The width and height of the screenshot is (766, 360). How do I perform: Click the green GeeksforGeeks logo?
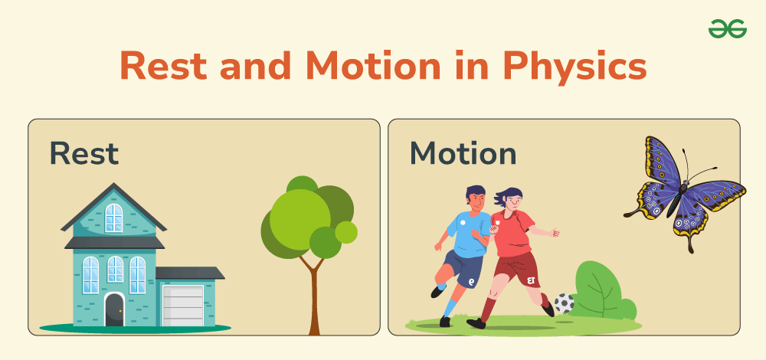(x=728, y=29)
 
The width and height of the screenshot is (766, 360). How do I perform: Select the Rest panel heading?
(x=84, y=153)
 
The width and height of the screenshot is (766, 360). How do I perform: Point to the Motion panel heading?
(x=463, y=153)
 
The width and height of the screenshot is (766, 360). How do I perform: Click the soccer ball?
(x=565, y=303)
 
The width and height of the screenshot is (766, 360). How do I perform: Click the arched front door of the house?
(x=114, y=309)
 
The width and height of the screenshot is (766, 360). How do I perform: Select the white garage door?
(x=183, y=306)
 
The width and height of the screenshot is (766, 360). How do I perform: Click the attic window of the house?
(x=114, y=218)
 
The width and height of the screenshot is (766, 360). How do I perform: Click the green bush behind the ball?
(x=604, y=291)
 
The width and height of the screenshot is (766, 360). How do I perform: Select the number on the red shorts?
(x=532, y=280)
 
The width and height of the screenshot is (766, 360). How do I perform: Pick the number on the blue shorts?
(x=471, y=282)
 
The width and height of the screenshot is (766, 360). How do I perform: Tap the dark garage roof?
(x=189, y=273)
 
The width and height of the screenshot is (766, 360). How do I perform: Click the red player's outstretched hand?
(x=554, y=232)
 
